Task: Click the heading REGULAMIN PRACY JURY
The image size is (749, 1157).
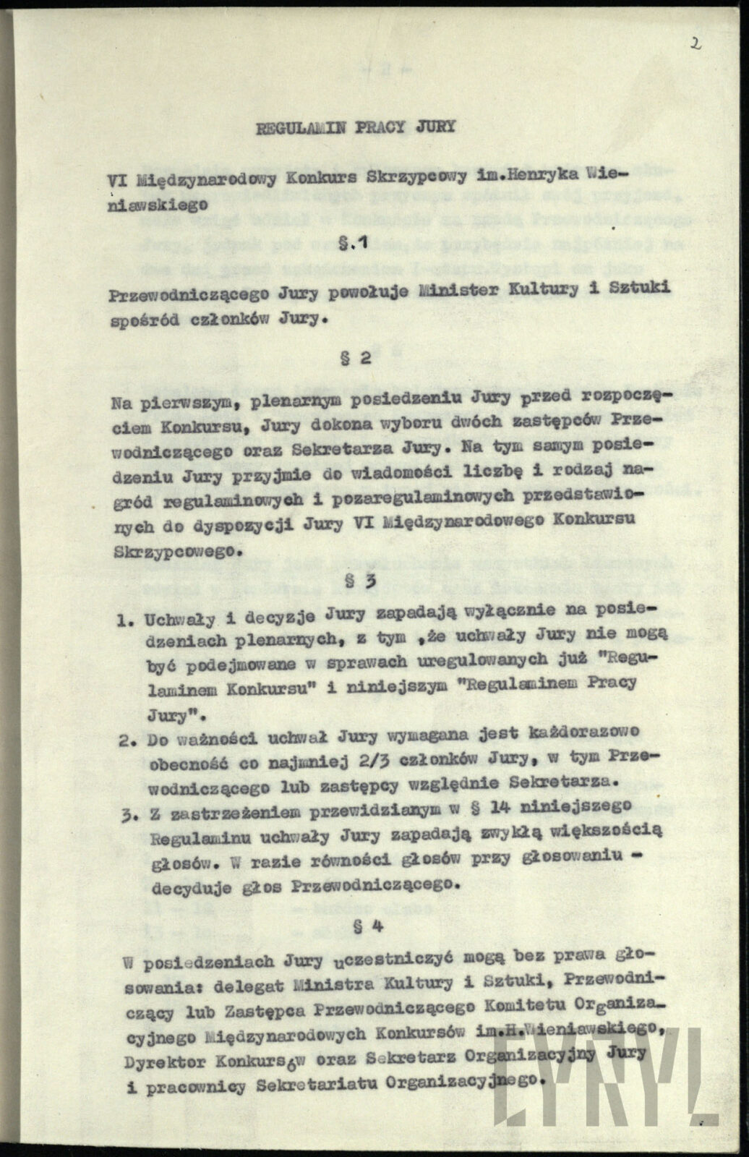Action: click(x=356, y=128)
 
